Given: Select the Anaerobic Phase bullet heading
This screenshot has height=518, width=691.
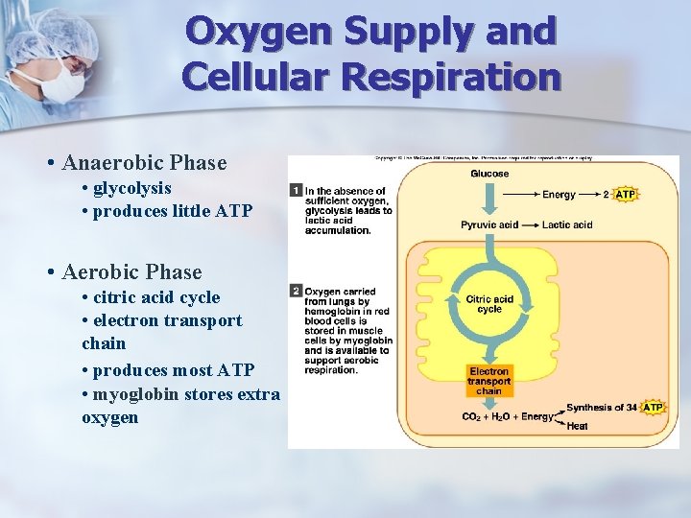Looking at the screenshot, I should coord(145,163).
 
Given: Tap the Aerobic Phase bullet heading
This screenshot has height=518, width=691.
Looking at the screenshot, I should coord(131,272).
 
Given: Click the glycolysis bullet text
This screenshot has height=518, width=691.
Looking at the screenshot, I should coord(131,188).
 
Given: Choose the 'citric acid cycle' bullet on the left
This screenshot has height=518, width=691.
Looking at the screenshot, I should coord(155,297).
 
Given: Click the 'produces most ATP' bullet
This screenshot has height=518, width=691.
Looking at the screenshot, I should coord(173,370).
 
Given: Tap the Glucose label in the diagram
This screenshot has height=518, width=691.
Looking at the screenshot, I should coord(489,174).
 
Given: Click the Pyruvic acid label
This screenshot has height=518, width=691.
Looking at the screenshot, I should coord(489,225).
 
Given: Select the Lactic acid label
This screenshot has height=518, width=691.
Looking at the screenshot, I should coord(568,225).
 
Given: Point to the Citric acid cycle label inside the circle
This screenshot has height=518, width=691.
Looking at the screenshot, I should coord(489,304).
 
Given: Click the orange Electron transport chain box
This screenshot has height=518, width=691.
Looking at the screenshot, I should coord(489,381).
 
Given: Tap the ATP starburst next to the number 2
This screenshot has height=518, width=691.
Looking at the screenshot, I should coord(625,195).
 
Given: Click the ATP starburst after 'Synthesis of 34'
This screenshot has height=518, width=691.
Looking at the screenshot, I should coord(653,408).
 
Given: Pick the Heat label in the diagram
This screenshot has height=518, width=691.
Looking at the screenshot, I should coord(577,426).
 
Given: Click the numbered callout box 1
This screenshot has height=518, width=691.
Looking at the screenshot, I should coord(296,191).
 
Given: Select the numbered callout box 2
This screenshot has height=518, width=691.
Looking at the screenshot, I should coord(296,291).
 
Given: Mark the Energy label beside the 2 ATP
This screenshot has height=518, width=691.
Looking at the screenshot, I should coord(559,195).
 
